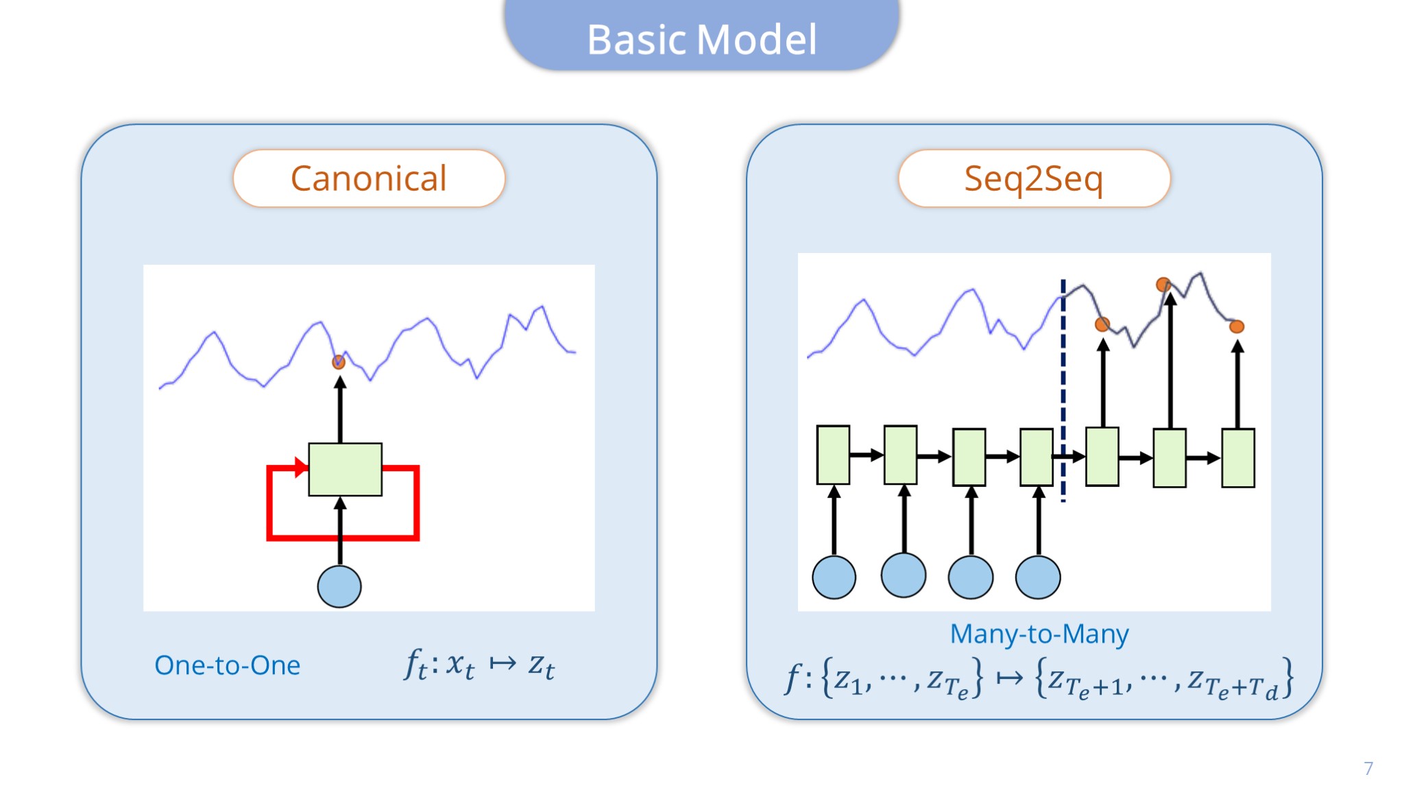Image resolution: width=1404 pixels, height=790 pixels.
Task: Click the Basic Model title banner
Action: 702,34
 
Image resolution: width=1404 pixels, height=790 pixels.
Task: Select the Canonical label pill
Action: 369,178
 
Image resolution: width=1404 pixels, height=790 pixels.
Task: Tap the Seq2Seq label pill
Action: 1034,178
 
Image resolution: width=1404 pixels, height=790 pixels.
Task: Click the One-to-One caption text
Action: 228,665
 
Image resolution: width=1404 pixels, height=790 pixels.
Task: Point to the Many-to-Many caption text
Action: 1039,634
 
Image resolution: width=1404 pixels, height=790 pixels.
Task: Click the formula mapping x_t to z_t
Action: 480,665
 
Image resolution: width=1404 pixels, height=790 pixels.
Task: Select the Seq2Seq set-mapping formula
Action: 1039,679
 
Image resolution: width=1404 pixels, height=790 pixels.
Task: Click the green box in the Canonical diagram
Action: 346,469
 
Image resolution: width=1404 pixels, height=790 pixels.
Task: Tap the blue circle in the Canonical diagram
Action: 339,586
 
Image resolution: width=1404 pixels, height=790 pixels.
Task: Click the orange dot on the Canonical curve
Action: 339,361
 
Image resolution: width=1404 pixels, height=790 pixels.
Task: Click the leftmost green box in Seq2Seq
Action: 834,455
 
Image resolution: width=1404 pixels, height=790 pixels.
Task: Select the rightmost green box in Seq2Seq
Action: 1238,457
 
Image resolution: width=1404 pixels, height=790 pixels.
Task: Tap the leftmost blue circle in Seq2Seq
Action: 834,577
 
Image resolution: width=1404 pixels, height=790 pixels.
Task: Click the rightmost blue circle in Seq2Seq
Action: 1038,577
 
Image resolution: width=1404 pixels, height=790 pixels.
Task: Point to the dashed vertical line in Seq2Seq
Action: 1063,391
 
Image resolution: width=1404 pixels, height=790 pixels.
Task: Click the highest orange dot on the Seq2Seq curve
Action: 1163,284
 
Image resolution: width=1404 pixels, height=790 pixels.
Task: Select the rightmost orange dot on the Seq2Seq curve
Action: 1237,326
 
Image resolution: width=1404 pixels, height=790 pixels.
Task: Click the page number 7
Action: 1368,768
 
